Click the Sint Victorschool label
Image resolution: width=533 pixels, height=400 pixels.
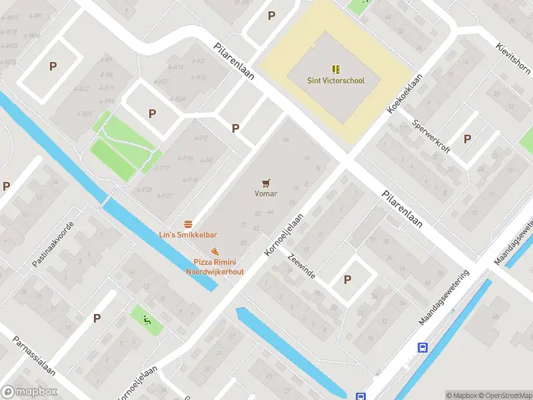pyautogui.click(x=335, y=81)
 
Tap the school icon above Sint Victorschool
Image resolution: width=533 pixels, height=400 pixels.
pyautogui.click(x=335, y=69)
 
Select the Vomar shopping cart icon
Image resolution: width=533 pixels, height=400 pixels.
pyautogui.click(x=266, y=182)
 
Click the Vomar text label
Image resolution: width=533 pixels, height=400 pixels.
pyautogui.click(x=266, y=194)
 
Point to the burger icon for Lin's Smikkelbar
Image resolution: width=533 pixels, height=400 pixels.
pyautogui.click(x=189, y=223)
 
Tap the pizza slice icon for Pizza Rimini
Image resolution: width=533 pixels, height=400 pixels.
pyautogui.click(x=215, y=251)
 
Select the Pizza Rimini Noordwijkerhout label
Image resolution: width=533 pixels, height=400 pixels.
pyautogui.click(x=215, y=267)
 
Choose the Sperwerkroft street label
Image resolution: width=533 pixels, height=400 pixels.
pyautogui.click(x=431, y=135)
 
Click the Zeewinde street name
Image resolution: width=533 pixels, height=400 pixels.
pyautogui.click(x=301, y=265)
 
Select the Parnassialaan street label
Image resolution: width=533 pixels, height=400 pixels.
pyautogui.click(x=33, y=355)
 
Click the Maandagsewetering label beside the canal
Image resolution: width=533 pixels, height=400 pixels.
pyautogui.click(x=444, y=298)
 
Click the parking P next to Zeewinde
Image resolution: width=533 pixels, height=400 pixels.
pyautogui.click(x=347, y=280)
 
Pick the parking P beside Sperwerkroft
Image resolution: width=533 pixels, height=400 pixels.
pyautogui.click(x=467, y=139)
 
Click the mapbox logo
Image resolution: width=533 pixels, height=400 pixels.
pyautogui.click(x=29, y=392)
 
